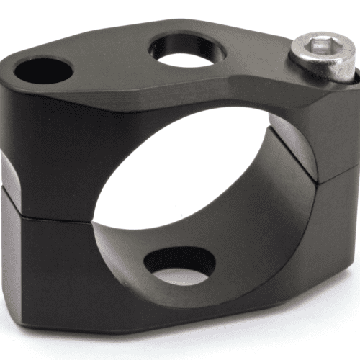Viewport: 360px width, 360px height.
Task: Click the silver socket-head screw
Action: [x=325, y=57]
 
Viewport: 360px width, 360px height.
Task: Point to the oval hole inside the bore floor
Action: [x=180, y=266]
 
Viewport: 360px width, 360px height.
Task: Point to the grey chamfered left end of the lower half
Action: [x=10, y=238]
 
